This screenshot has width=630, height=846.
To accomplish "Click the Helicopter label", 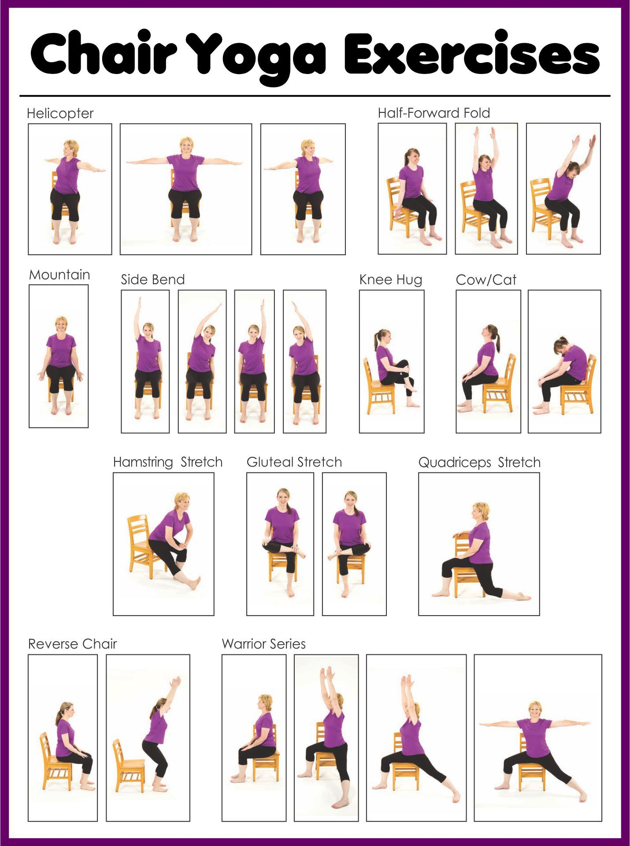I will [x=60, y=114].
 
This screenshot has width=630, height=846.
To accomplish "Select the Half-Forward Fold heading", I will [x=434, y=113].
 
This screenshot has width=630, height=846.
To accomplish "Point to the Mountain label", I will [x=59, y=275].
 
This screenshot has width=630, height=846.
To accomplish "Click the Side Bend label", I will [x=153, y=280].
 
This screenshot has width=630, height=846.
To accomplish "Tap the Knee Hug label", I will [x=391, y=280].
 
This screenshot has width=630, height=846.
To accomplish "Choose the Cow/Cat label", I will [x=486, y=280].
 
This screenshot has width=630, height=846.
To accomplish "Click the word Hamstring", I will [x=143, y=462].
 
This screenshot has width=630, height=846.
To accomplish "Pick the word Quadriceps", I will [x=455, y=463].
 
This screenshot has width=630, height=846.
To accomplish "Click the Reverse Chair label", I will [x=73, y=644].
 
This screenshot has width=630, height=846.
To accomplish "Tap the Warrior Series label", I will [x=264, y=644].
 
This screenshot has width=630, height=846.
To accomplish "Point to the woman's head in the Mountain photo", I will [x=61, y=324].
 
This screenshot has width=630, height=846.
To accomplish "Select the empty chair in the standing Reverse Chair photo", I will [x=128, y=767].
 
